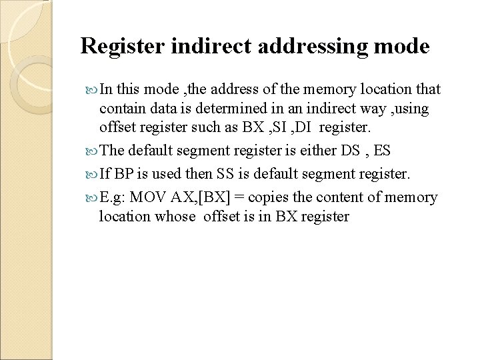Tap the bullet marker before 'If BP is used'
pos(91,173)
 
